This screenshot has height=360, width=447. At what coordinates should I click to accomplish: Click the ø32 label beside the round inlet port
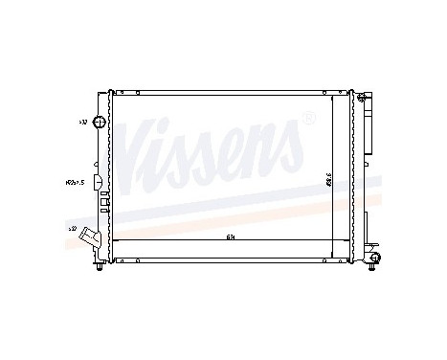(82, 123)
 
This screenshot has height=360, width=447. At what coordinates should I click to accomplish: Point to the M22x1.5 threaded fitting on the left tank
(98, 181)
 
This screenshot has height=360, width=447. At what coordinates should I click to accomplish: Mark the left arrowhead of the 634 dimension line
(116, 239)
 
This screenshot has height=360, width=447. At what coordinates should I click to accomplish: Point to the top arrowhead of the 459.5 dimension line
(332, 96)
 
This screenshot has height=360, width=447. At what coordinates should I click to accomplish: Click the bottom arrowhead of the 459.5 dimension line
(332, 257)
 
